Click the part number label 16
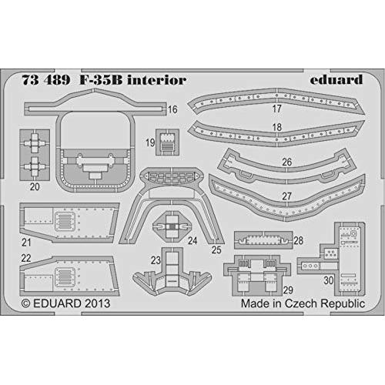(x=172, y=109)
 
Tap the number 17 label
(x=277, y=109)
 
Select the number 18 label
(x=277, y=127)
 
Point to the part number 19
(x=150, y=142)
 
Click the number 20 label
(x=35, y=186)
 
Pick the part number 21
(x=26, y=243)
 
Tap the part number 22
(x=26, y=258)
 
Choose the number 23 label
(x=156, y=260)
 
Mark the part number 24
(x=192, y=241)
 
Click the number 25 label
(x=216, y=250)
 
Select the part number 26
(x=287, y=162)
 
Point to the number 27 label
(x=286, y=196)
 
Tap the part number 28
(x=299, y=241)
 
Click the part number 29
(x=288, y=290)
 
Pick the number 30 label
(x=329, y=280)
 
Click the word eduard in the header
(x=336, y=79)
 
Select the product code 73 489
(x=46, y=80)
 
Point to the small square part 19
(x=167, y=142)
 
